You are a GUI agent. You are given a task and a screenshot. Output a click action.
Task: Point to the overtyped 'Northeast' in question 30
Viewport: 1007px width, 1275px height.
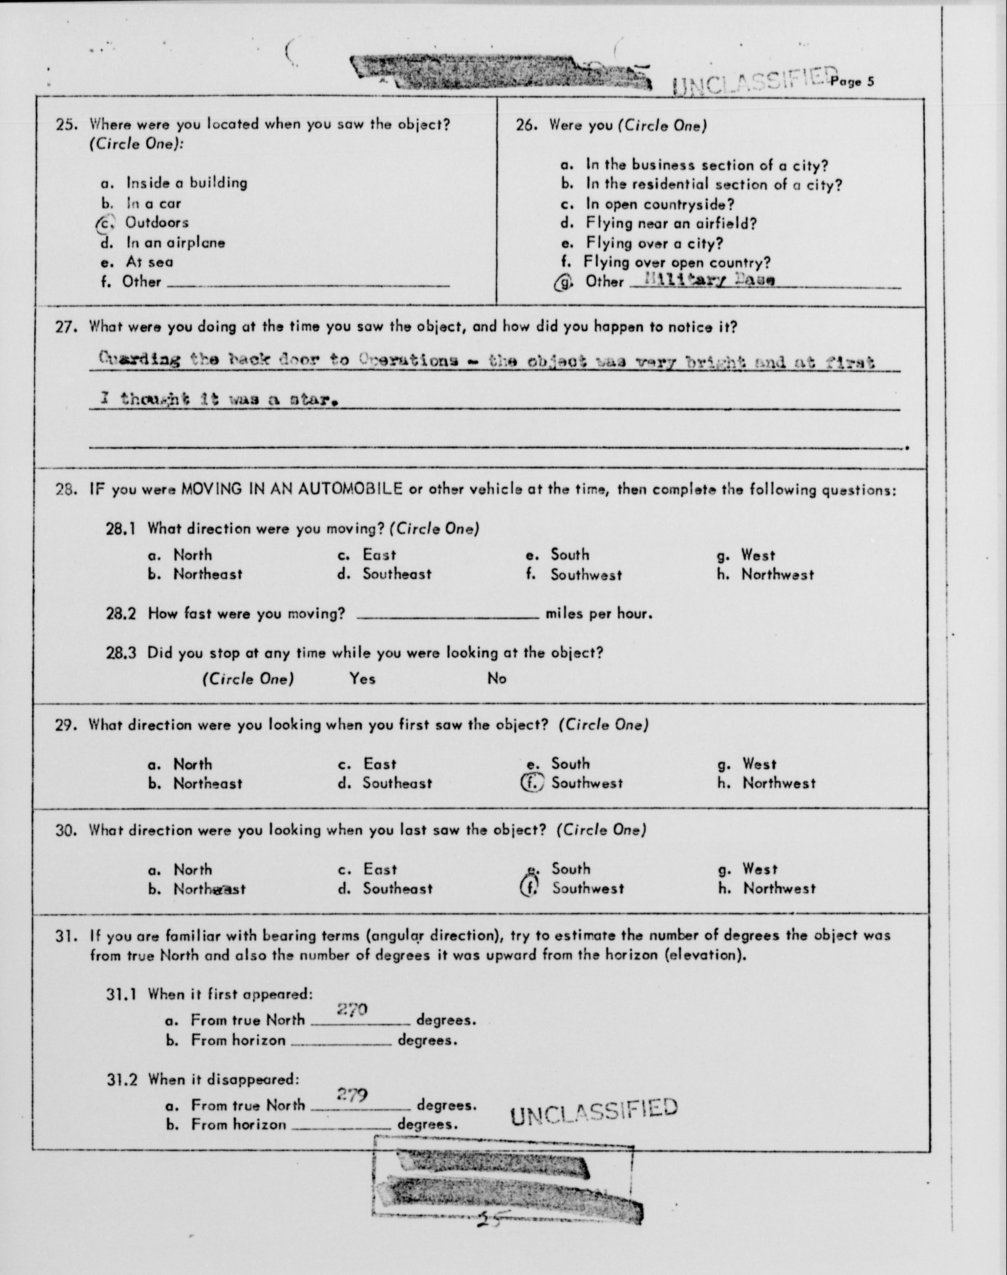click(x=209, y=889)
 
